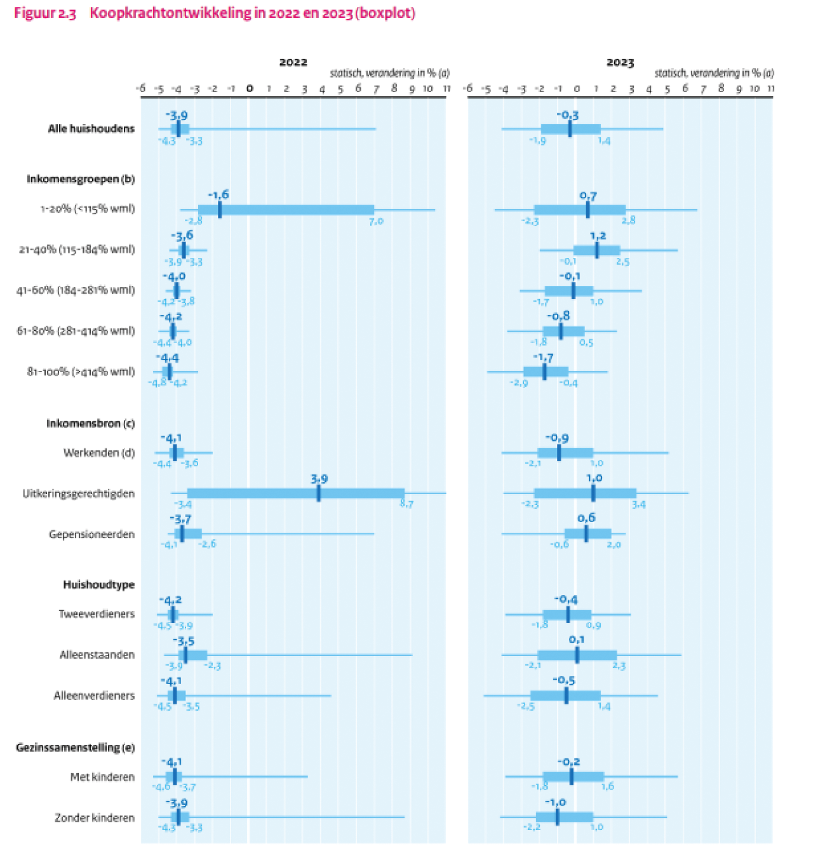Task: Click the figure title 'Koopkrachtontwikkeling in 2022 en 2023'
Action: pyautogui.click(x=252, y=13)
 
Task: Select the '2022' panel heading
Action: pyautogui.click(x=293, y=62)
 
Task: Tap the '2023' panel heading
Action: pyautogui.click(x=620, y=62)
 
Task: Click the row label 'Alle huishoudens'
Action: pyautogui.click(x=91, y=129)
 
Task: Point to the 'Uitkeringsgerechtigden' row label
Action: pyautogui.click(x=79, y=494)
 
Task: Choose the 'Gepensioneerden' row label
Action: pyautogui.click(x=92, y=534)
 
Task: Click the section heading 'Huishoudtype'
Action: pyautogui.click(x=99, y=584)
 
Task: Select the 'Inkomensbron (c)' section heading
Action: pyautogui.click(x=90, y=423)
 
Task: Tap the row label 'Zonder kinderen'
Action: pyautogui.click(x=95, y=817)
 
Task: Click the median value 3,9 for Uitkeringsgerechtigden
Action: pyautogui.click(x=319, y=479)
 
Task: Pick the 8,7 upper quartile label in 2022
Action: pyautogui.click(x=406, y=504)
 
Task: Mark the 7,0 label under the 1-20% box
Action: pyautogui.click(x=376, y=221)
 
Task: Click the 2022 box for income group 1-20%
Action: pyautogui.click(x=286, y=210)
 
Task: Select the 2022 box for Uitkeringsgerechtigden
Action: pyautogui.click(x=296, y=494)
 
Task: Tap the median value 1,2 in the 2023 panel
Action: pyautogui.click(x=598, y=236)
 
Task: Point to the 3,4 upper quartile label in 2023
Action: pyautogui.click(x=638, y=504)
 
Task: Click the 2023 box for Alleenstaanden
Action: pyautogui.click(x=577, y=655)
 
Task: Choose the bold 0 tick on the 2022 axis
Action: pyautogui.click(x=250, y=88)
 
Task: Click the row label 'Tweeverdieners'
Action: pyautogui.click(x=97, y=614)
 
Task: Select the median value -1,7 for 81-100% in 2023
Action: pyautogui.click(x=543, y=358)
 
